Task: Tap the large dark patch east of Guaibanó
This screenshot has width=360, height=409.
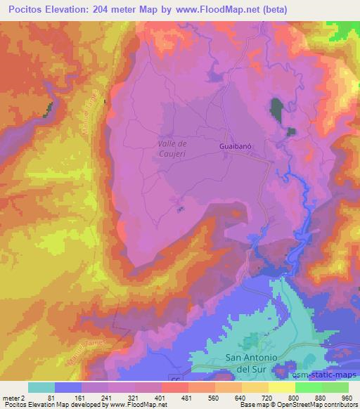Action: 276,108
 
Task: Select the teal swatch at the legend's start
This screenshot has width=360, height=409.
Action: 42,387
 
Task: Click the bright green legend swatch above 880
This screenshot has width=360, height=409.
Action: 308,387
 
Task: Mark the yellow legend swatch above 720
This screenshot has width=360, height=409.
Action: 281,387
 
